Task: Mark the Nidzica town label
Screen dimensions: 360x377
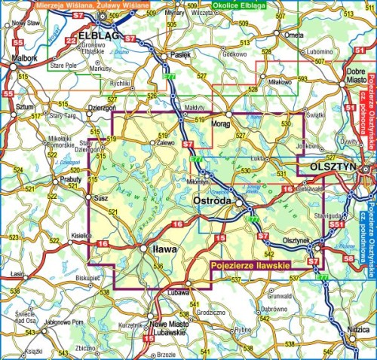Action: (x=358, y=331)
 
